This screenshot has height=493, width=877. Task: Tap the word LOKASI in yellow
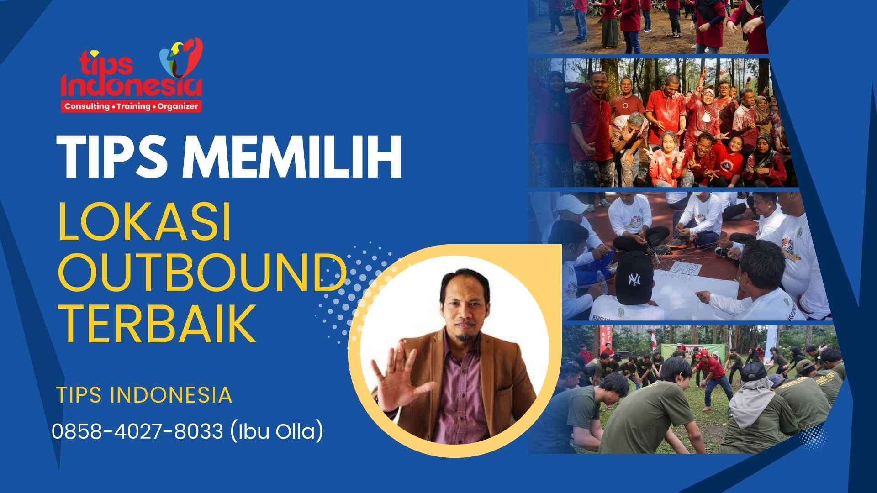pyautogui.click(x=145, y=224)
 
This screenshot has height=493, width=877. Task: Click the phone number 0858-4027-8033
pyautogui.click(x=137, y=431)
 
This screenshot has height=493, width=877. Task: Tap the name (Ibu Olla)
pyautogui.click(x=276, y=431)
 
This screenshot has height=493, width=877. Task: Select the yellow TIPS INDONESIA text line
pyautogui.click(x=144, y=395)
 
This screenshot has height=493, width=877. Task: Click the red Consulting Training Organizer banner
pyautogui.click(x=131, y=106)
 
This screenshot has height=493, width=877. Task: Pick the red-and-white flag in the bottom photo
pyautogui.click(x=654, y=340)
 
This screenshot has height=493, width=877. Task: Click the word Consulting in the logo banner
pyautogui.click(x=87, y=106)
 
